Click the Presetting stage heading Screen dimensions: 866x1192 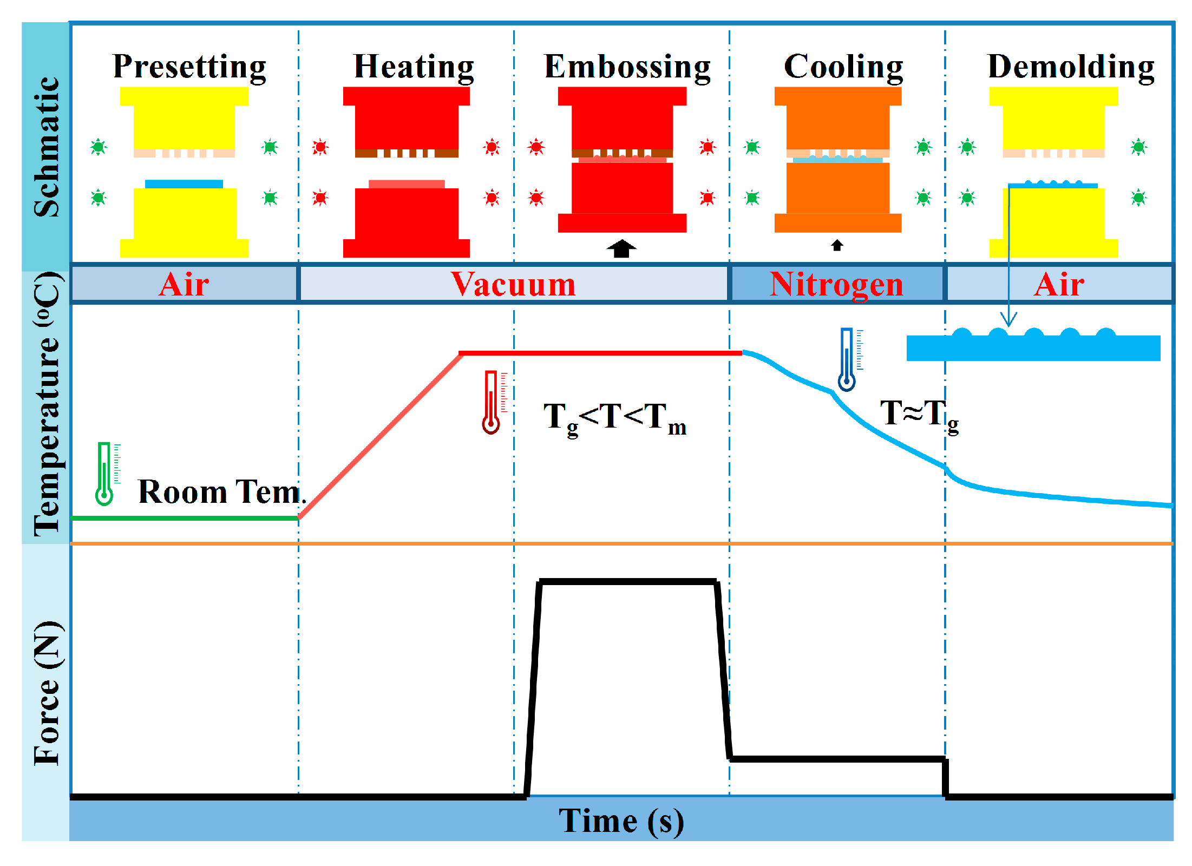189,67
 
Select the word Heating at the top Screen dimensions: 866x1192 414,67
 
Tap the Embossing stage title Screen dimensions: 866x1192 627,67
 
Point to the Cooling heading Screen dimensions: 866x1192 843,67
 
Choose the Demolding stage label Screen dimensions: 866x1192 1071,67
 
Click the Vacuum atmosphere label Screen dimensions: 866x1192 513,284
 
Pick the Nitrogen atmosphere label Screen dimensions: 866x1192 836,284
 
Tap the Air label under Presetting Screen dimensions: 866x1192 184,284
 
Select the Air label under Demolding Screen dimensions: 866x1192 1059,284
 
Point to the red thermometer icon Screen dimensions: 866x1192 491,402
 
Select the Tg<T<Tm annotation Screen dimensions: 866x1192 614,418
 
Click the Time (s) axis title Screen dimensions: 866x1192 621,821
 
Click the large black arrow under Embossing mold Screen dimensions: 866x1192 621,248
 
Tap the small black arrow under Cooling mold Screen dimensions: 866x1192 837,245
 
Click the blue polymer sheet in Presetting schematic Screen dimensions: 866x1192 184,184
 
